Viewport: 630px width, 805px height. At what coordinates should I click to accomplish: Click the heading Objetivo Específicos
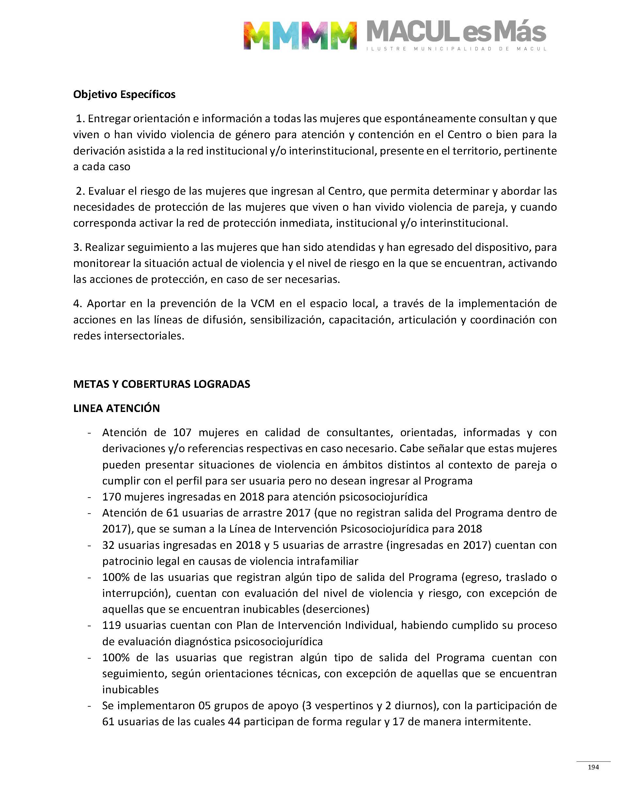(x=124, y=94)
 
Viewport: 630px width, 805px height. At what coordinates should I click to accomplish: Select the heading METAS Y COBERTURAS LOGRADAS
(x=162, y=384)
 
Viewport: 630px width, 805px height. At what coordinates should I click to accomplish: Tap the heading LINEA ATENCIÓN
(x=116, y=408)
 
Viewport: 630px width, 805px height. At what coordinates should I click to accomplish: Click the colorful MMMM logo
(x=300, y=35)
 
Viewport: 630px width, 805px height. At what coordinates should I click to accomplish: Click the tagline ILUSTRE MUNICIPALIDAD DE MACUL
(x=456, y=49)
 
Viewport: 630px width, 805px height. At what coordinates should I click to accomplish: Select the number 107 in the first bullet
(x=182, y=432)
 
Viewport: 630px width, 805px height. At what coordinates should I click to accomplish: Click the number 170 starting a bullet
(x=111, y=497)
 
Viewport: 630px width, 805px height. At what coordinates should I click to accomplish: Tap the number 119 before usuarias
(x=111, y=625)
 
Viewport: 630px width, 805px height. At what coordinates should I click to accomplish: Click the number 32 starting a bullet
(x=108, y=545)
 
